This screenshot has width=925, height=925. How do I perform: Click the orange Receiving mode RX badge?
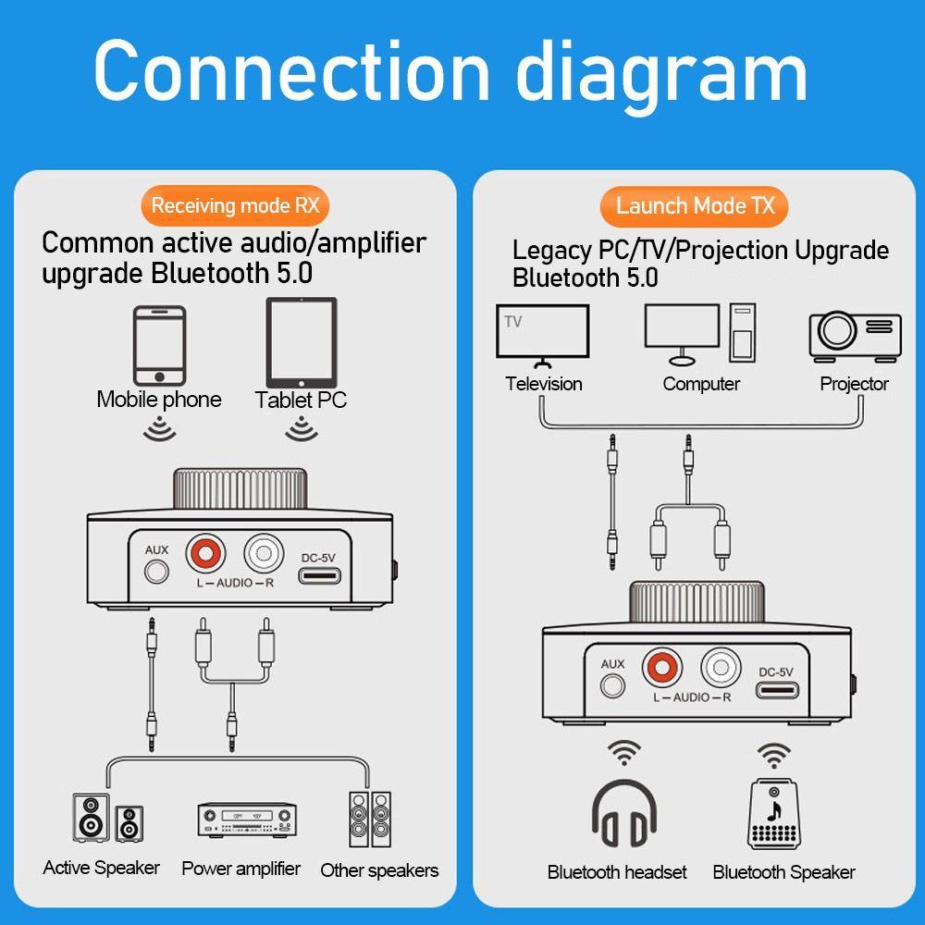(235, 204)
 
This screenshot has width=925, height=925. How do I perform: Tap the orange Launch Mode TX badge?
(695, 205)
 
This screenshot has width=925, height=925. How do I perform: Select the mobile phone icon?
(160, 346)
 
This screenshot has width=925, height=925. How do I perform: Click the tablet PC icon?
(302, 343)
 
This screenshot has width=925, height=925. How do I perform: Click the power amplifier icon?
(246, 820)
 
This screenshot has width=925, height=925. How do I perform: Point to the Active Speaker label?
(101, 868)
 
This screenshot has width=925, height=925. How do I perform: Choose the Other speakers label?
(379, 870)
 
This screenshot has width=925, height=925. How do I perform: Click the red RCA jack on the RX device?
(204, 555)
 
